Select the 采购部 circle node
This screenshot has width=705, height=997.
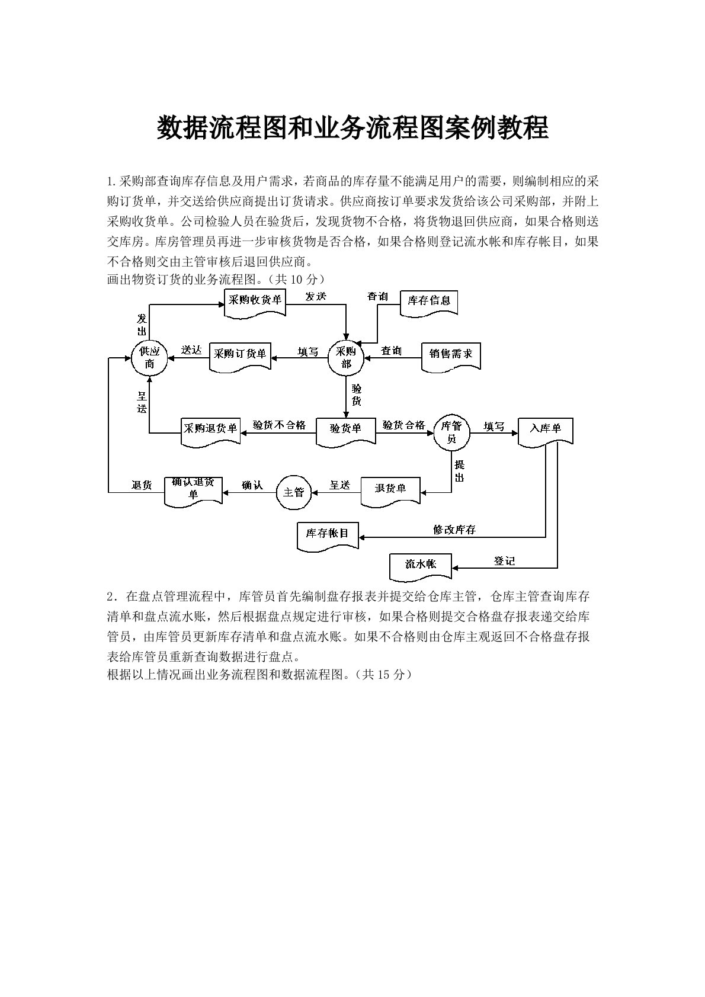pyautogui.click(x=346, y=357)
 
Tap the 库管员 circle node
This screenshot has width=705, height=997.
pyautogui.click(x=451, y=432)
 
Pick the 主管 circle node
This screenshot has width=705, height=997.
pyautogui.click(x=294, y=492)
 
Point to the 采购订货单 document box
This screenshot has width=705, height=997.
pyautogui.click(x=240, y=355)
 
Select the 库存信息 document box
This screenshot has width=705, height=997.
pyautogui.click(x=429, y=302)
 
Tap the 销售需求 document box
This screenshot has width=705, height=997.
pyautogui.click(x=451, y=354)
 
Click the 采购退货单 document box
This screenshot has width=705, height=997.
pyautogui.click(x=210, y=429)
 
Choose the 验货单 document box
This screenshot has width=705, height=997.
pyautogui.click(x=345, y=429)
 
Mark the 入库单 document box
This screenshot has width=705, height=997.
pyautogui.click(x=545, y=428)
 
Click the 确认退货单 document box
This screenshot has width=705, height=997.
pyautogui.click(x=193, y=489)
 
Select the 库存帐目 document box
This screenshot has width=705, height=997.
pyautogui.click(x=328, y=534)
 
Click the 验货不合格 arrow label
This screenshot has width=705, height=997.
pyautogui.click(x=280, y=425)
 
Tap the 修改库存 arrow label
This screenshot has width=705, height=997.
pyautogui.click(x=454, y=530)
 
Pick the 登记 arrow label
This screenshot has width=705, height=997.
pyautogui.click(x=505, y=560)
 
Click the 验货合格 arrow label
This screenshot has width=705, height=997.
pyautogui.click(x=404, y=425)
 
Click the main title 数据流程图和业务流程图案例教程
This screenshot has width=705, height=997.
pyautogui.click(x=352, y=127)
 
